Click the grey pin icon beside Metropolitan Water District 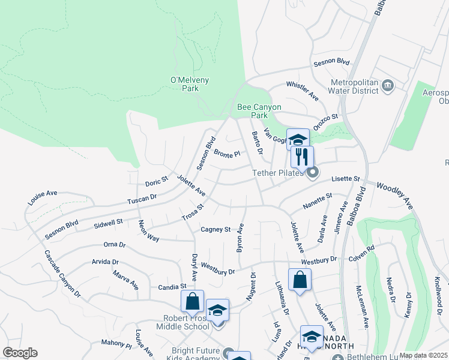click(387, 86)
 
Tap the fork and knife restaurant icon click(302, 157)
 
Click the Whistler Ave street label click(302, 90)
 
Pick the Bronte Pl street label click(227, 154)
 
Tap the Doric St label click(156, 182)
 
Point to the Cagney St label click(215, 229)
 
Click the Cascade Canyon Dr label click(62, 272)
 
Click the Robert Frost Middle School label click(182, 322)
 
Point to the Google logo click(20, 352)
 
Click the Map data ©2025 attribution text click(423, 355)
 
